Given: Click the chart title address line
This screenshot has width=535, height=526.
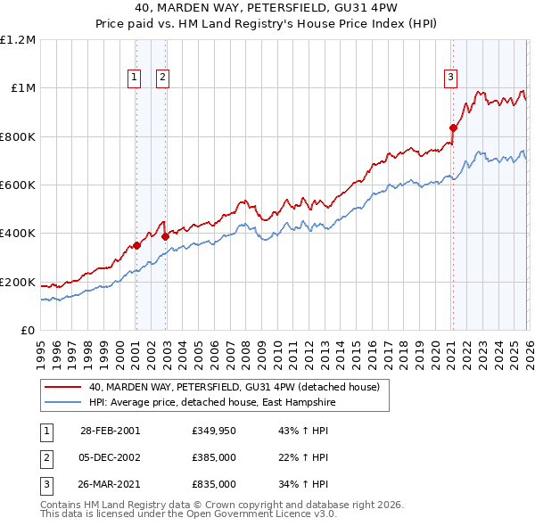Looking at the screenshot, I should (x=267, y=9).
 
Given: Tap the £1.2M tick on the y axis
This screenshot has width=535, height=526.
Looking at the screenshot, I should (x=18, y=40).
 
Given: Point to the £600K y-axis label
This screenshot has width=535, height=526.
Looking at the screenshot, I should (x=18, y=185).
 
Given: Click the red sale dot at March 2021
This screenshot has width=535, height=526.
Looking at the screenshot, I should (x=452, y=128).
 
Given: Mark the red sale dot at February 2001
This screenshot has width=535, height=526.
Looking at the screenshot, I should (x=136, y=246).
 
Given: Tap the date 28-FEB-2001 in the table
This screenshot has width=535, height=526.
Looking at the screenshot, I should (x=110, y=431).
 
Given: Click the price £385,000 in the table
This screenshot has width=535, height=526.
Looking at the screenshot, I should (x=213, y=457).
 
